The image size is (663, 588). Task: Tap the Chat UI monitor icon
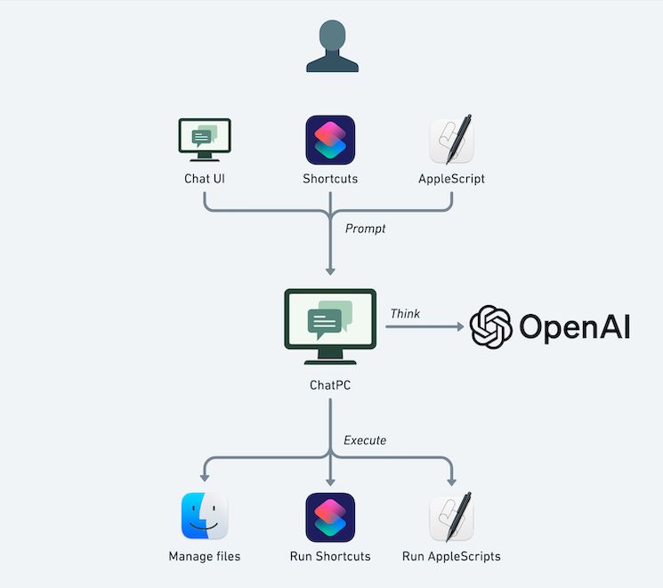pyautogui.click(x=205, y=140)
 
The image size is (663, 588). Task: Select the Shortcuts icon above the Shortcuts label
pyautogui.click(x=330, y=140)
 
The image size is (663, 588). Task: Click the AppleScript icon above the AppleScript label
pyautogui.click(x=452, y=140)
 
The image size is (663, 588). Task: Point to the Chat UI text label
pyautogui.click(x=205, y=179)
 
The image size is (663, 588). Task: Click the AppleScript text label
pyautogui.click(x=452, y=179)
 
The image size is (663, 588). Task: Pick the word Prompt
pyautogui.click(x=366, y=229)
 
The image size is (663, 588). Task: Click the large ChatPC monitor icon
pyautogui.click(x=330, y=326)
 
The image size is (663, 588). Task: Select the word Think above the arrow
pyautogui.click(x=405, y=314)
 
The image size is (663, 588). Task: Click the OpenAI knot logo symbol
pyautogui.click(x=490, y=326)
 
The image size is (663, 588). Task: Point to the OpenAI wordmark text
pyautogui.click(x=575, y=326)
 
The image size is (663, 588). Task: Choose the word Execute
pyautogui.click(x=365, y=439)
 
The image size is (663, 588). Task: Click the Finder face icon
pyautogui.click(x=205, y=516)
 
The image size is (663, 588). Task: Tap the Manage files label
pyautogui.click(x=205, y=557)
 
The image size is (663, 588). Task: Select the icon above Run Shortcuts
pyautogui.click(x=330, y=517)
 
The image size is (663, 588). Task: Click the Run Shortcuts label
pyautogui.click(x=330, y=557)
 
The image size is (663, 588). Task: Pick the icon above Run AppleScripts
pyautogui.click(x=451, y=517)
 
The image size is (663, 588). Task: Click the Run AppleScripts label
pyautogui.click(x=451, y=557)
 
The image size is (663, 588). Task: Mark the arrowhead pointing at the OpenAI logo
pyautogui.click(x=460, y=327)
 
